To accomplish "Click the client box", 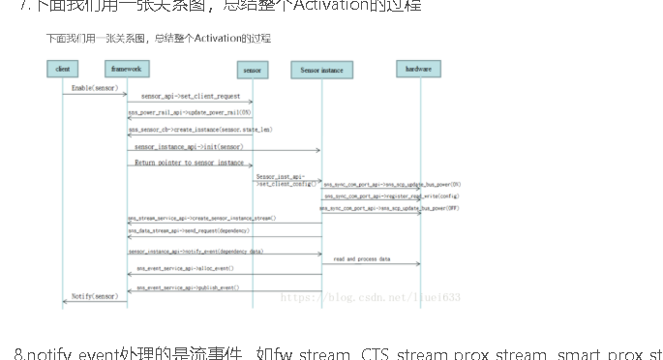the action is point(63,70).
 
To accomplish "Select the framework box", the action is point(127,70).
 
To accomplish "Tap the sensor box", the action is point(253,71).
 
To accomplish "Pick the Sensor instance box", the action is point(320,71).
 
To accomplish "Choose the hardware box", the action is point(419,70).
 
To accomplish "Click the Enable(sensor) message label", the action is point(95,88).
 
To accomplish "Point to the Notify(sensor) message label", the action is point(95,295).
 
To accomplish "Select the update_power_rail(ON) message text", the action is point(190,112).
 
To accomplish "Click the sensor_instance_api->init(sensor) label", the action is point(189,146).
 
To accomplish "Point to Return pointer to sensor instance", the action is point(189,163).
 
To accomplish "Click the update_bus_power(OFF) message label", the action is point(392,208).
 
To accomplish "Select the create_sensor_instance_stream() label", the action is point(201,219).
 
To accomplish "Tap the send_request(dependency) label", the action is point(189,231).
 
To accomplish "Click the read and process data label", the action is point(362,259).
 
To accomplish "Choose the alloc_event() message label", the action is point(184,268).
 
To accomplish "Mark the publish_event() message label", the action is point(187,288).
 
